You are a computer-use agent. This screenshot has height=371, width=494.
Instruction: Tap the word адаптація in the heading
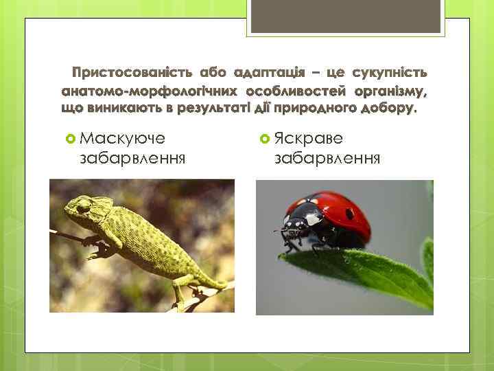[x=264, y=73]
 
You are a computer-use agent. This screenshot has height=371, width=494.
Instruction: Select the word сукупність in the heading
[x=389, y=73]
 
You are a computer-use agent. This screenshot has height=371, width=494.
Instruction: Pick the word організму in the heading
[x=390, y=91]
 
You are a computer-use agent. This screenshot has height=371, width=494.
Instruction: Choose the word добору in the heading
[x=388, y=109]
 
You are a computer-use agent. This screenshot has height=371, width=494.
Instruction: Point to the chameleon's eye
[x=84, y=205]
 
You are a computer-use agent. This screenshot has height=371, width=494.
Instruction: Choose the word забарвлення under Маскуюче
[x=134, y=159]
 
